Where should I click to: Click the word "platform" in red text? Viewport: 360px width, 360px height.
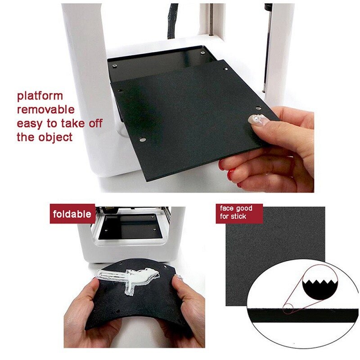pyautogui.click(x=40, y=96)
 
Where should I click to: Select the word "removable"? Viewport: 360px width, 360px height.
pyautogui.click(x=45, y=109)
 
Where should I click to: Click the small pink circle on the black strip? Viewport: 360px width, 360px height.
pyautogui.click(x=288, y=309)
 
